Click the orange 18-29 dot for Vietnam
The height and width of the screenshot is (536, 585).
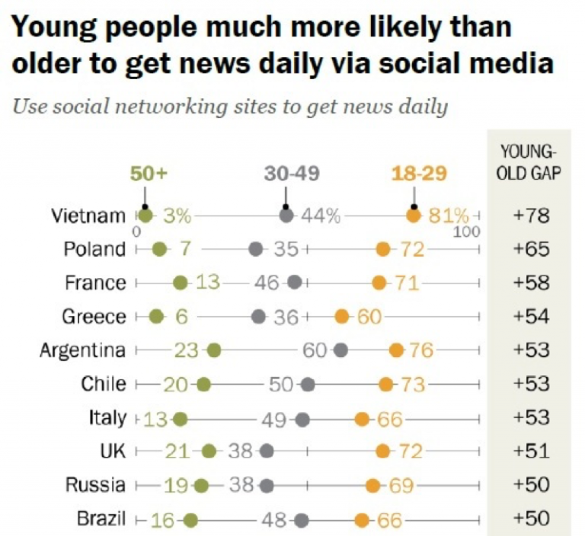pos(413,216)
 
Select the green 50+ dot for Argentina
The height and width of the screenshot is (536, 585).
pos(213,350)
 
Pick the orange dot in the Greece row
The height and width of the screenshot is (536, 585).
pos(342,317)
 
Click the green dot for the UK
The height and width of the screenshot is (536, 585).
pos(209,451)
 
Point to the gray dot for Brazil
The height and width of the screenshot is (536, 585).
pos(302,521)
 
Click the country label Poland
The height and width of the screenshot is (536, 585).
pos(94,250)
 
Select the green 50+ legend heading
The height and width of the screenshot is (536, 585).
pos(148,174)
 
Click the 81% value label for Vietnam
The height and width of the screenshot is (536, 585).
pos(448,216)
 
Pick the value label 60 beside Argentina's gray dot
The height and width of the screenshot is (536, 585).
pos(315,350)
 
